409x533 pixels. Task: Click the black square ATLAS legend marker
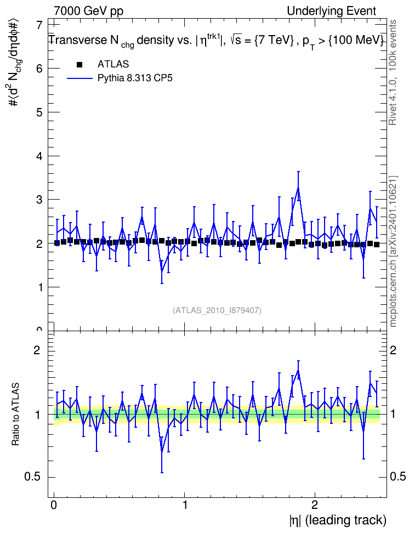coord(79,64)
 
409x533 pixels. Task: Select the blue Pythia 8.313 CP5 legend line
coord(79,78)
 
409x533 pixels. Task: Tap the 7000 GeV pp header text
coord(88,11)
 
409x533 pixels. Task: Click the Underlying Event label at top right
coord(332,11)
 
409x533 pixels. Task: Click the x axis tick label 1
coord(185,504)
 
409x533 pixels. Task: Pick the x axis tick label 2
coord(315,504)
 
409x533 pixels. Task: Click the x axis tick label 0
coord(54,504)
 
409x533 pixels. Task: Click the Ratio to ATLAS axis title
coord(15,414)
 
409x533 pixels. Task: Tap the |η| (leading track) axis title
coord(338,520)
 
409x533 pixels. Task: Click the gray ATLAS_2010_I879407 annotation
coord(217,310)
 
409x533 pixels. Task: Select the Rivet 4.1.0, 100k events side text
coord(393,72)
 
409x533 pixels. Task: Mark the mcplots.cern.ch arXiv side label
coord(393,251)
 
